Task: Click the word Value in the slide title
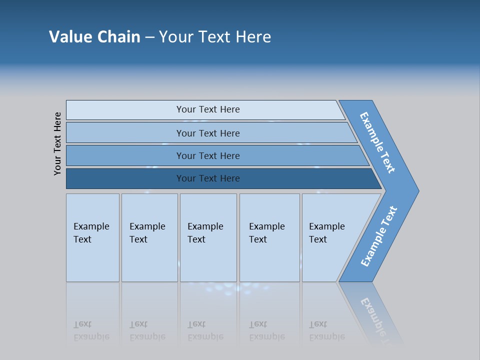pyautogui.click(x=69, y=36)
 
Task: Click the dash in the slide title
pyautogui.click(x=149, y=37)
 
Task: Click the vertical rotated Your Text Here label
pyautogui.click(x=57, y=143)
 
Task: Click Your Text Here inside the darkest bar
pyautogui.click(x=208, y=178)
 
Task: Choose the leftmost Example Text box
pyautogui.click(x=92, y=237)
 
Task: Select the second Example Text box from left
pyautogui.click(x=149, y=237)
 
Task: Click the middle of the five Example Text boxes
pyautogui.click(x=208, y=237)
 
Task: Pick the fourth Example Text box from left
pyautogui.click(x=269, y=237)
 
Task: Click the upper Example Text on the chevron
pyautogui.click(x=378, y=142)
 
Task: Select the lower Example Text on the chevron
pyautogui.click(x=379, y=236)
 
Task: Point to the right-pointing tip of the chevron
pyautogui.click(x=416, y=190)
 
